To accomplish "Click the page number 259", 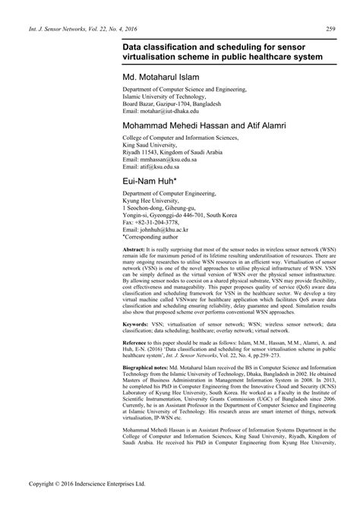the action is (x=330, y=28).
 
